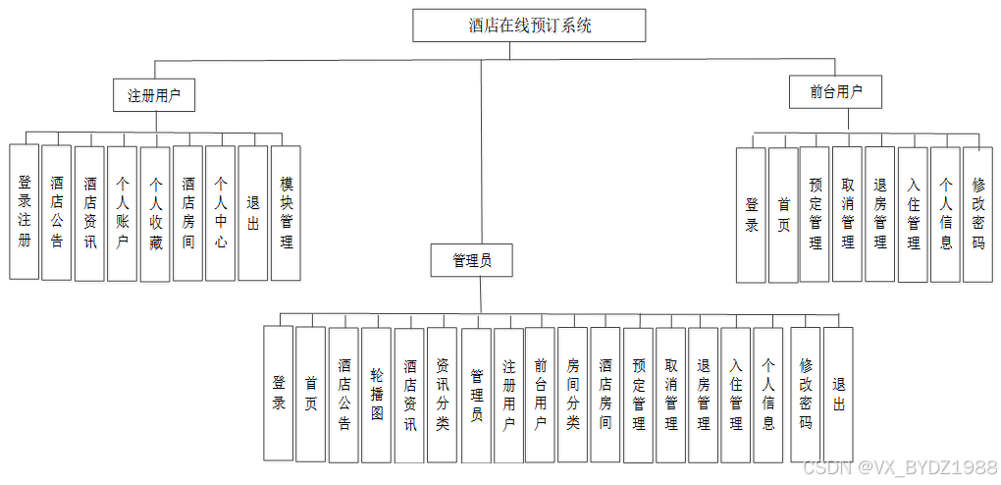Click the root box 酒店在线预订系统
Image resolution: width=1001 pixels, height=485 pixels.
[x=529, y=26]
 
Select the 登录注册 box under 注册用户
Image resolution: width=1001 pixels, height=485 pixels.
[x=25, y=212]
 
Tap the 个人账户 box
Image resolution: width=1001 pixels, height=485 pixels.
[x=123, y=213]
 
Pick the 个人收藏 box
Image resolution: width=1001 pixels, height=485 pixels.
[x=155, y=213]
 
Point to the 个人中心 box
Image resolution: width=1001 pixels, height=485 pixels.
[x=221, y=213]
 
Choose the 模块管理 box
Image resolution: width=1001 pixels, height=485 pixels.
[x=286, y=213]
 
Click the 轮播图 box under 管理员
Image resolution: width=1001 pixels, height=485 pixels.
[x=377, y=394]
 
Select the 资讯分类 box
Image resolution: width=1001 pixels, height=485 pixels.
[x=443, y=394]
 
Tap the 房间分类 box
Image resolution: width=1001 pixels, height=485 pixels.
[x=573, y=394]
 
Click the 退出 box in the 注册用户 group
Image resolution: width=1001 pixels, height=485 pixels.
[x=253, y=213]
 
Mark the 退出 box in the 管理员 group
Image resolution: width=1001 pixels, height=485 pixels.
[x=838, y=394]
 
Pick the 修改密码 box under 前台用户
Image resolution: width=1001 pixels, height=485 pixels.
[x=977, y=214]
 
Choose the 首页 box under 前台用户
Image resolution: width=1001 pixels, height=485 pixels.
[x=783, y=214]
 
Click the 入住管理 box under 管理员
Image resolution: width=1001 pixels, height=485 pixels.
[x=736, y=394]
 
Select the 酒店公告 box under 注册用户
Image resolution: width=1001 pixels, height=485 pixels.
[x=57, y=213]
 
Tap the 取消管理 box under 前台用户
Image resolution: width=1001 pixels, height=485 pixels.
[x=848, y=214]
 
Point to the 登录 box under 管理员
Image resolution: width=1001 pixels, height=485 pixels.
[x=279, y=394]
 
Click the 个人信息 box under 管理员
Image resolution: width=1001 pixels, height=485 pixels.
[x=768, y=394]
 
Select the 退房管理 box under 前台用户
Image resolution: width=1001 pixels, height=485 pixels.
[x=880, y=214]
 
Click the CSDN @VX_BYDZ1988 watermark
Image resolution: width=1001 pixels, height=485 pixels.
[x=899, y=468]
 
